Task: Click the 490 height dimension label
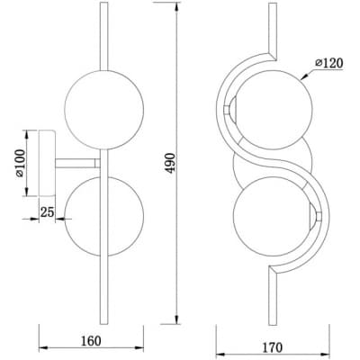pyautogui.click(x=170, y=163)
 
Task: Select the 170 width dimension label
pyautogui.click(x=273, y=347)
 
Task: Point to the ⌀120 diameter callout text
pyautogui.click(x=328, y=63)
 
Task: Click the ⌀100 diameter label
pyautogui.click(x=21, y=163)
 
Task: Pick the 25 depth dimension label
pyautogui.click(x=47, y=212)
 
